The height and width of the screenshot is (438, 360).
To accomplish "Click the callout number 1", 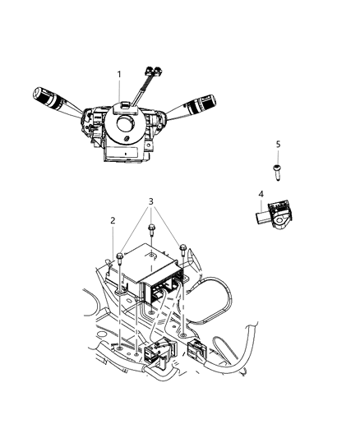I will (119, 74).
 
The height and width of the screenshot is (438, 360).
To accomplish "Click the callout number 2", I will (113, 221).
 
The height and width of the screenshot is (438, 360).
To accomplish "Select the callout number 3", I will (150, 202).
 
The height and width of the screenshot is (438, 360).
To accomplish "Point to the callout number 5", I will (278, 144).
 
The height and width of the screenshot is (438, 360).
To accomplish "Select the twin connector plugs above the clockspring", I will (151, 71).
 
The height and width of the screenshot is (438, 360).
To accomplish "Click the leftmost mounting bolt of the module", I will (121, 260).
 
